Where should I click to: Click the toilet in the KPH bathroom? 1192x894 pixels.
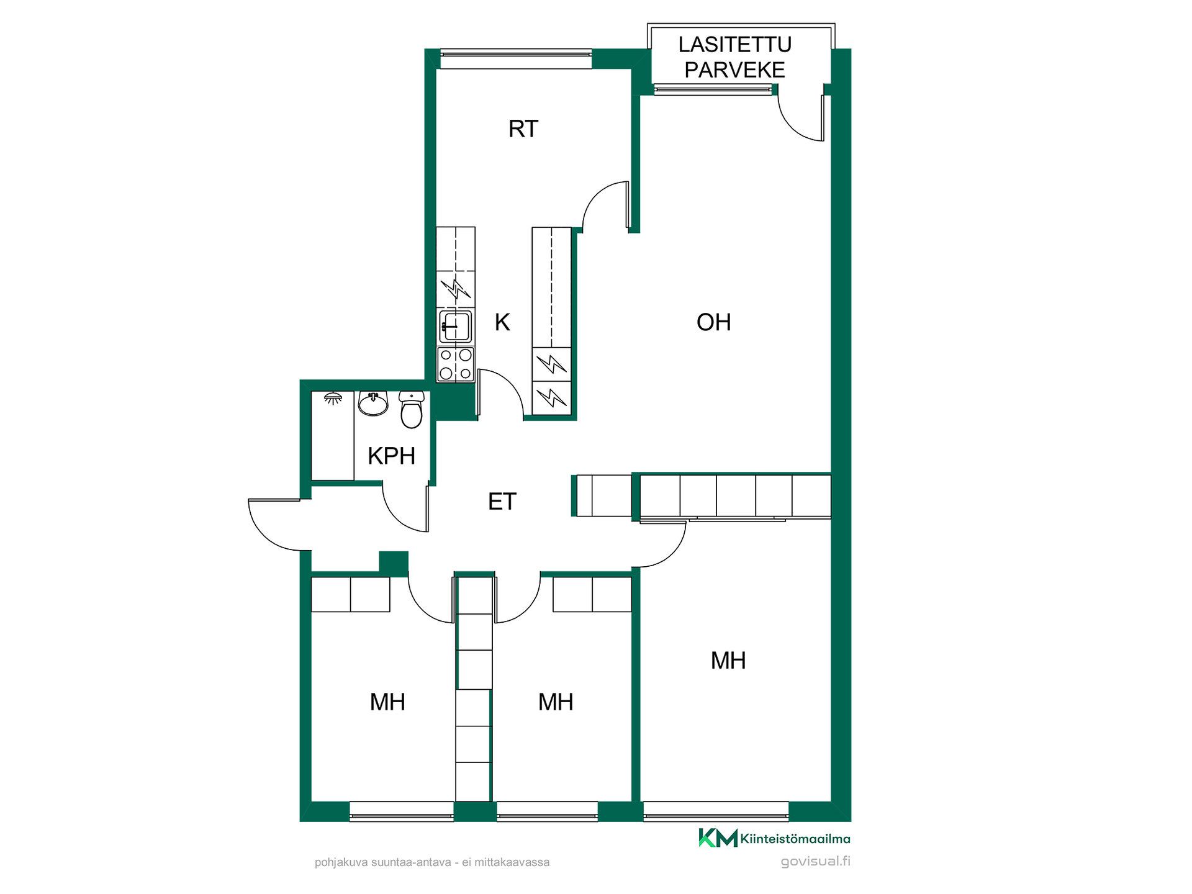point(411,410)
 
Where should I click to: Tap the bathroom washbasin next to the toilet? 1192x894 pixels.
point(373,404)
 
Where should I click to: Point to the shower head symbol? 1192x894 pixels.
point(333,399)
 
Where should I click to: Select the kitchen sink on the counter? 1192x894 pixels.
point(456,327)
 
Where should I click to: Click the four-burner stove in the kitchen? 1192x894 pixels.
point(456,364)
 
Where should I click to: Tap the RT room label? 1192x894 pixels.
point(523,129)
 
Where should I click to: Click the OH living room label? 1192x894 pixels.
point(713,322)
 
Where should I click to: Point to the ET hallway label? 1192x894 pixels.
point(502,502)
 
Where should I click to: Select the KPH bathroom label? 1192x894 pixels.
point(391,456)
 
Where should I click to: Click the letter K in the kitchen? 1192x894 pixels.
point(502,322)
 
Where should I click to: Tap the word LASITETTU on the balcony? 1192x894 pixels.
point(735,45)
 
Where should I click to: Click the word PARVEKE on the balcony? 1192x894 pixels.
point(735,70)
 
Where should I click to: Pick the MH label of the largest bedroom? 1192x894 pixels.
point(728,661)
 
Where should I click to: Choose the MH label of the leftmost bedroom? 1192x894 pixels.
point(387,702)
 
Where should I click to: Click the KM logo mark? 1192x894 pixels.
point(718,838)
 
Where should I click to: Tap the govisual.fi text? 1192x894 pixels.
point(815,861)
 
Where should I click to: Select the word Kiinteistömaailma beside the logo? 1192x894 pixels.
point(795,839)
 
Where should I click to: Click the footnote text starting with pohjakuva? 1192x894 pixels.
point(432,862)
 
